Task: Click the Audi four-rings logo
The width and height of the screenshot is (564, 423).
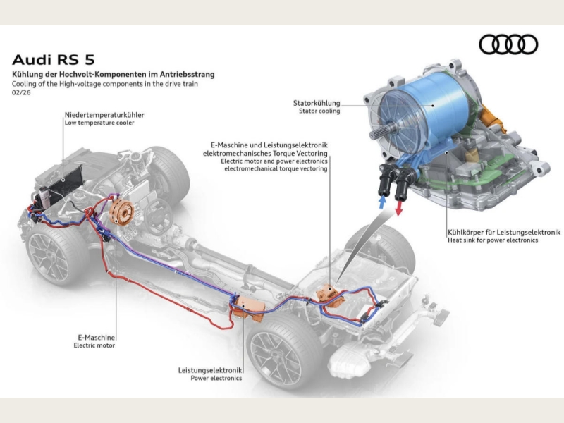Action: point(508,44)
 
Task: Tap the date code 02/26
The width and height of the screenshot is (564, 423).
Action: point(20,92)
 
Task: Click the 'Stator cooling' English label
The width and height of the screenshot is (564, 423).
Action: point(319,111)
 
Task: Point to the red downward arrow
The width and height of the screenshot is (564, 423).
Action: point(399,207)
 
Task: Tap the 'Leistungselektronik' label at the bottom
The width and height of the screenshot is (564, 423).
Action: point(210,370)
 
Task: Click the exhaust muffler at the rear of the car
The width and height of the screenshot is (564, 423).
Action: point(356,360)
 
